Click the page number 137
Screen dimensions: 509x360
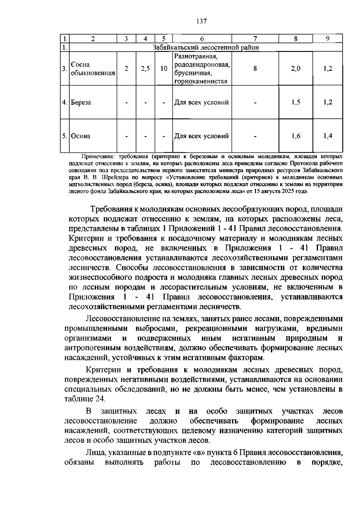click(x=201, y=21)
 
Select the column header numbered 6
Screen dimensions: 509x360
click(x=202, y=39)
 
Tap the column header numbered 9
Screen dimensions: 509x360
click(x=328, y=39)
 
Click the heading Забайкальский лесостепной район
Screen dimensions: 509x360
click(x=206, y=47)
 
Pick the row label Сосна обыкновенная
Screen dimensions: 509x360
click(x=93, y=69)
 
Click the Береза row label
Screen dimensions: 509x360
click(x=81, y=102)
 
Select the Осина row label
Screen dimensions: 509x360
click(x=81, y=136)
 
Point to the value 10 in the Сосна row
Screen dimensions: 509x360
click(x=163, y=69)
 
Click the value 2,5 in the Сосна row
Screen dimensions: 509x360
click(x=145, y=69)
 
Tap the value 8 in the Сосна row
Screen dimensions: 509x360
click(x=255, y=69)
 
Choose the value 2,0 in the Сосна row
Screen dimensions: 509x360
click(x=295, y=69)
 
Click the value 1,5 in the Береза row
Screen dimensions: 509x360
click(x=295, y=102)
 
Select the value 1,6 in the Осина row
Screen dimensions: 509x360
click(x=295, y=136)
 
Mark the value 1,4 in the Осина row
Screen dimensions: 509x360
click(x=328, y=136)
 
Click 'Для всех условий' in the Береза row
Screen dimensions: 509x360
click(x=202, y=102)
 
